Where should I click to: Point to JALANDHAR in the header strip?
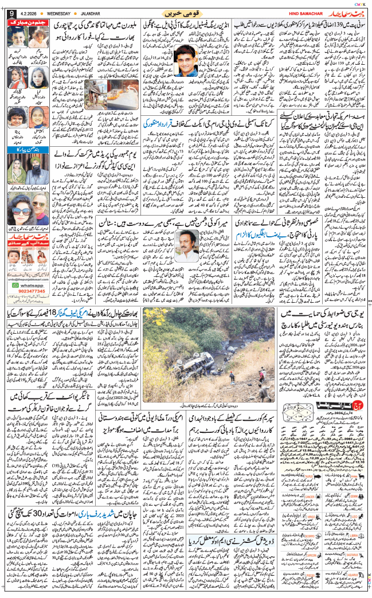[101, 13]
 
